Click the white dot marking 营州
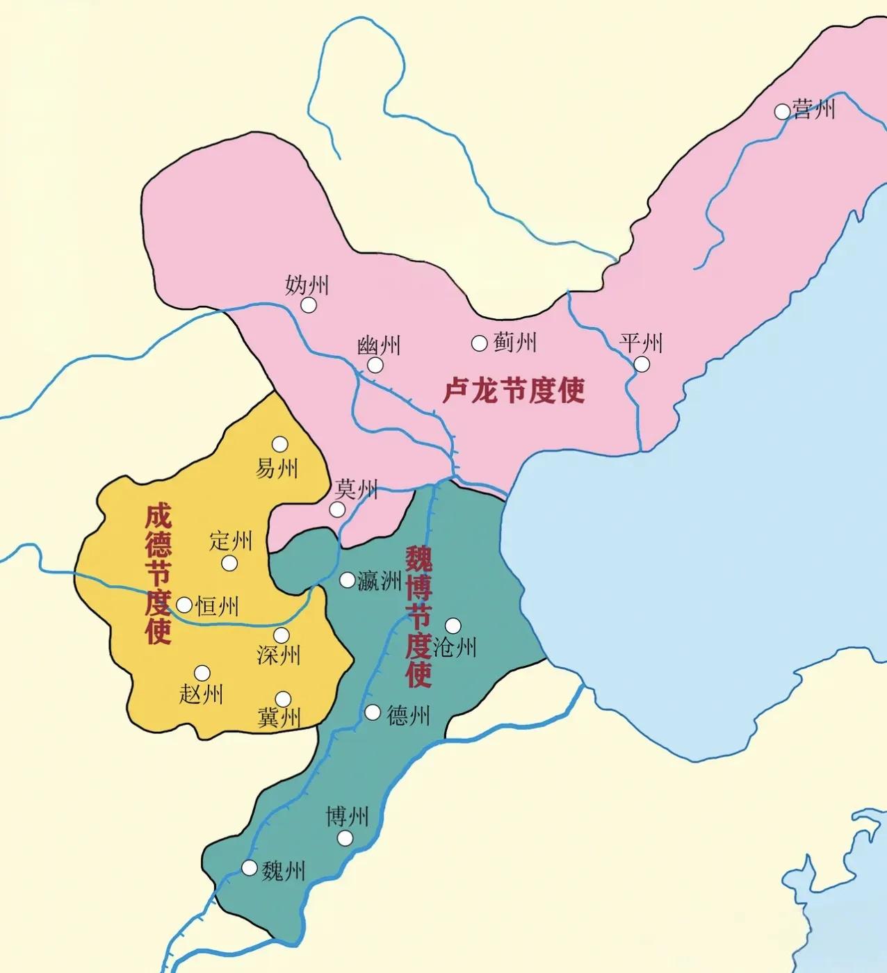783,111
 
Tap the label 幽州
379,345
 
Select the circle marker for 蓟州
479,343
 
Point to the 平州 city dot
642,363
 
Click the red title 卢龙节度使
514,391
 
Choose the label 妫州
307,285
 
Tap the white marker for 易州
280,444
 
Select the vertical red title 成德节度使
158,575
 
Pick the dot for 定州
229,563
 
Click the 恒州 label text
218,606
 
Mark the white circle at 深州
282,635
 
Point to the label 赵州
201,693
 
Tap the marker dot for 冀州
283,698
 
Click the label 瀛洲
380,580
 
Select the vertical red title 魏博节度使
418,616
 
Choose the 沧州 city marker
453,625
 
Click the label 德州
409,714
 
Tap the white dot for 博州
345,838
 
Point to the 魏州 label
284,870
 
